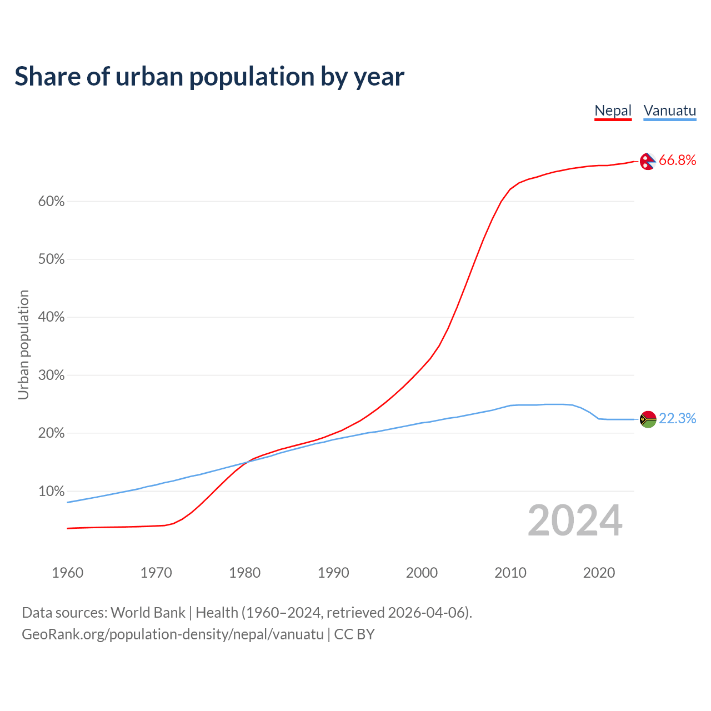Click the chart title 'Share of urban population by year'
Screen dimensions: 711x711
coord(209,77)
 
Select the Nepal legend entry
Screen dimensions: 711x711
coord(613,111)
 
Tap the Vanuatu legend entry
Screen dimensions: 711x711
coord(669,111)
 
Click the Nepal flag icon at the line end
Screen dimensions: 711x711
coord(648,161)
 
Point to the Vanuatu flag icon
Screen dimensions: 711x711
coord(648,419)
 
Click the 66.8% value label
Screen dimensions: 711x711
coord(677,161)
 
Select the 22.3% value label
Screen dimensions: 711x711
coord(677,419)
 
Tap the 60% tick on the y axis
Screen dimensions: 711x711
coord(51,202)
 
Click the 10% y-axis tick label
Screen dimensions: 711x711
coord(51,492)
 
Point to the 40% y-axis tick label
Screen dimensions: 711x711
coord(51,318)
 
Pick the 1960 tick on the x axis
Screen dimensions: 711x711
coord(67,573)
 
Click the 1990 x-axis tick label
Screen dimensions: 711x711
coord(333,573)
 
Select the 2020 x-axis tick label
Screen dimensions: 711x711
coord(599,573)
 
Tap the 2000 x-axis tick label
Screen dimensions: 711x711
coord(422,573)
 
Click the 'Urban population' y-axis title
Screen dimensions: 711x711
coord(23,344)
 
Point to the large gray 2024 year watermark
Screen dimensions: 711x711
coord(575,521)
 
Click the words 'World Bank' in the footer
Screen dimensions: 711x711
coord(148,613)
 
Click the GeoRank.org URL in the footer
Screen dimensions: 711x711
coord(172,634)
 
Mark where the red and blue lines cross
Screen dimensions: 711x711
coord(247,462)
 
